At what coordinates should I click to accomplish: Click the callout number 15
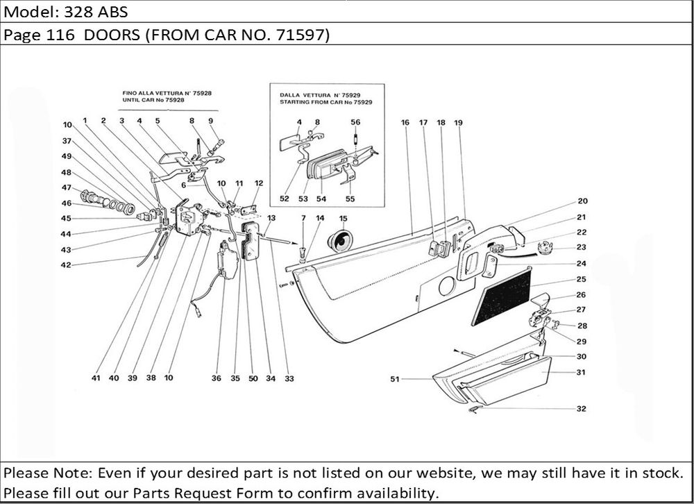click(343, 219)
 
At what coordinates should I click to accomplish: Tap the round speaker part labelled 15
click(340, 240)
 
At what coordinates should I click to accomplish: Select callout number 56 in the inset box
click(355, 121)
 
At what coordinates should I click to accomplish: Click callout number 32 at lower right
click(581, 409)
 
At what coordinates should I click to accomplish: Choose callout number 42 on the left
click(66, 264)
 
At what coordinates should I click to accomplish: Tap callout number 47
click(67, 187)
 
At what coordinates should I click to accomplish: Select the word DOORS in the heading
click(110, 35)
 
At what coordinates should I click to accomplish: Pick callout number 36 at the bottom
click(217, 378)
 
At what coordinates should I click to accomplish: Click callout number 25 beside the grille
click(581, 279)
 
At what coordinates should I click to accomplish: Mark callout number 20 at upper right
click(582, 201)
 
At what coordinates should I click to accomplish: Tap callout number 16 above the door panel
click(405, 122)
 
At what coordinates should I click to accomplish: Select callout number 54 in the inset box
click(321, 199)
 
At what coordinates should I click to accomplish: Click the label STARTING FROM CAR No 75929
click(326, 102)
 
